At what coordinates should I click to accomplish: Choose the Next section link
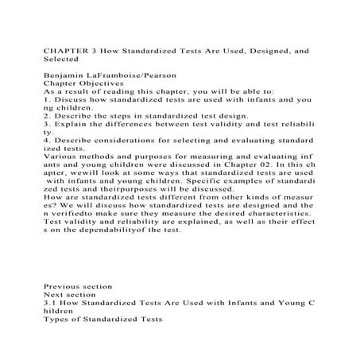pos(71,294)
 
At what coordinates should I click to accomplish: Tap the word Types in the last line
pos(57,319)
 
